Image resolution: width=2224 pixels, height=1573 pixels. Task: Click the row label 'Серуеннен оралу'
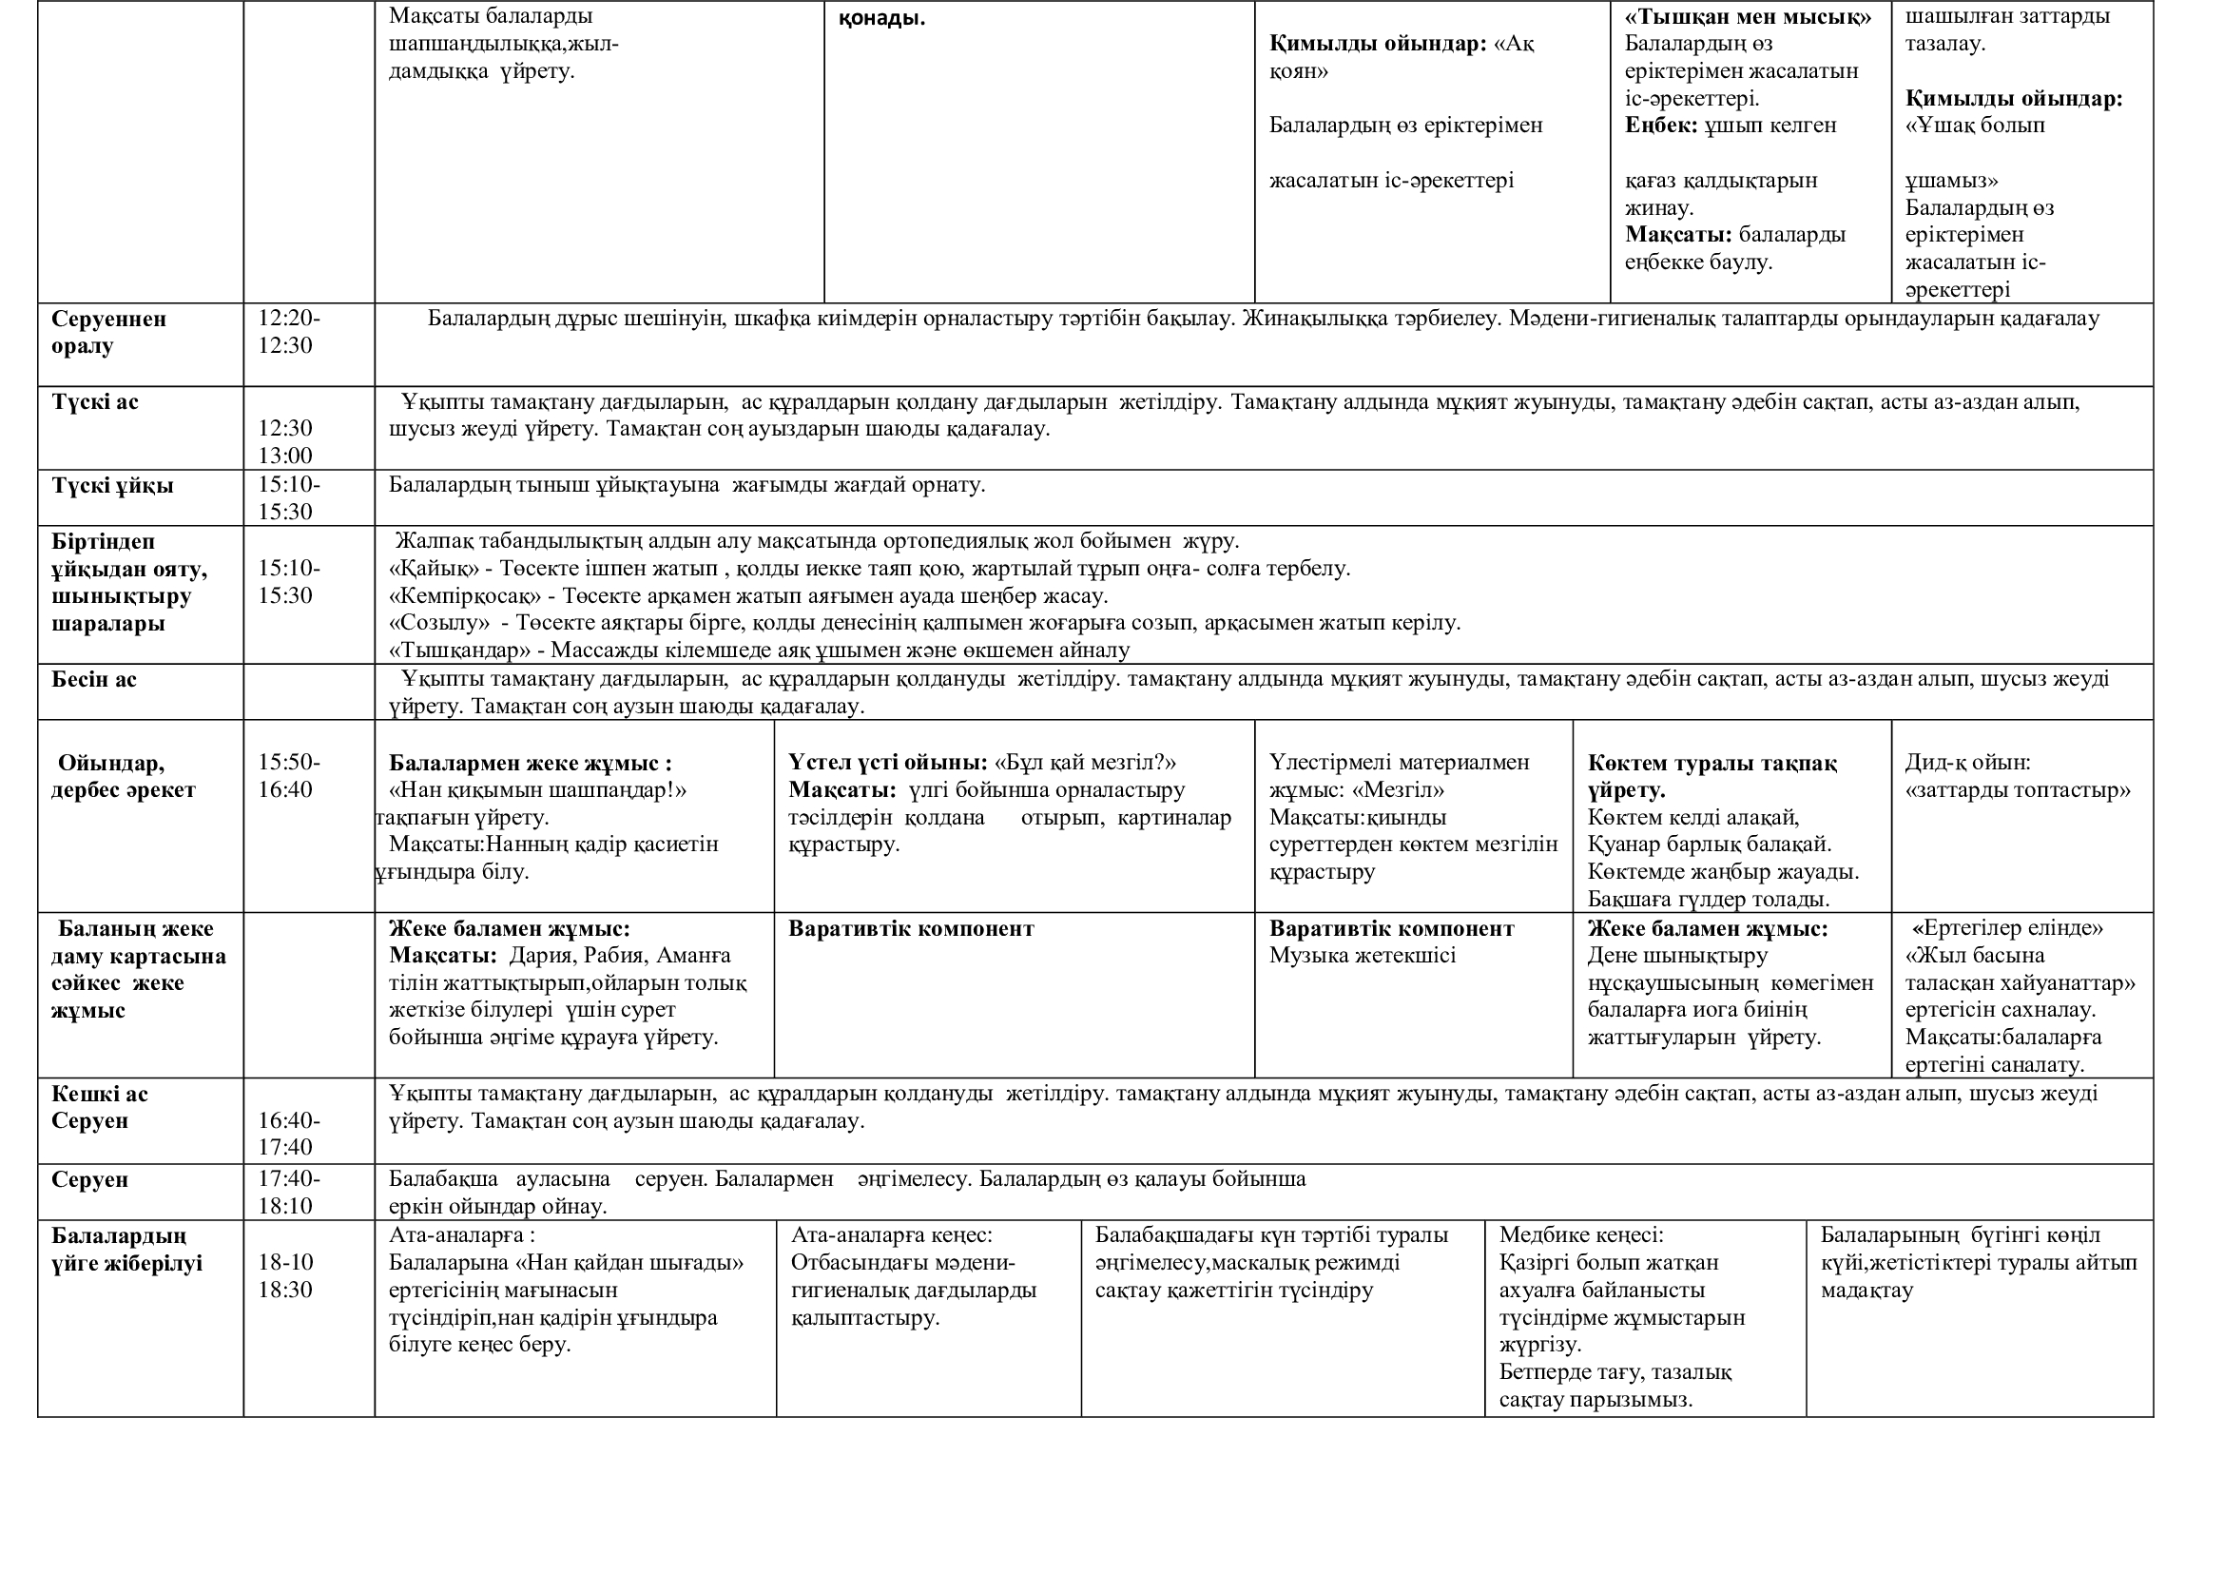coord(108,332)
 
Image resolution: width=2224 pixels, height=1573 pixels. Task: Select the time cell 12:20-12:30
coord(288,332)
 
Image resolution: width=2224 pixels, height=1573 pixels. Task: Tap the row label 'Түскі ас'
coord(95,402)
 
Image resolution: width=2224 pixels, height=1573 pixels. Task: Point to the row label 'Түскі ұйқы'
coord(112,485)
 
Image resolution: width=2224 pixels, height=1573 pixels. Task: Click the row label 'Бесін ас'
coord(94,680)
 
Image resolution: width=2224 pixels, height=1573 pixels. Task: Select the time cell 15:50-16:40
coord(288,776)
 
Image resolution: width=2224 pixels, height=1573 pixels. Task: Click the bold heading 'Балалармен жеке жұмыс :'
coord(530,764)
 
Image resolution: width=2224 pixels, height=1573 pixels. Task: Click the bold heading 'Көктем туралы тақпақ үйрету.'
coord(1712,776)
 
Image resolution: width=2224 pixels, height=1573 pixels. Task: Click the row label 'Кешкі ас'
coord(100,1095)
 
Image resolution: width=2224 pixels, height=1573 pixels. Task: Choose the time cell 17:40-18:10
coord(288,1193)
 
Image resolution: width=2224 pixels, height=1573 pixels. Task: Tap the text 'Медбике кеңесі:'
coord(1581,1235)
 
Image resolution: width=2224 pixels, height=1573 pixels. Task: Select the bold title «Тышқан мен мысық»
coord(1748,16)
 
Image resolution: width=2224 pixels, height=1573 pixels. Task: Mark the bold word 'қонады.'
coord(881,18)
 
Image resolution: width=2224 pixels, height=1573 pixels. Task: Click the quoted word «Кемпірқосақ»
coord(464,595)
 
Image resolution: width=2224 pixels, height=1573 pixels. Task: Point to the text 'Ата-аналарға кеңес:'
coord(891,1235)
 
